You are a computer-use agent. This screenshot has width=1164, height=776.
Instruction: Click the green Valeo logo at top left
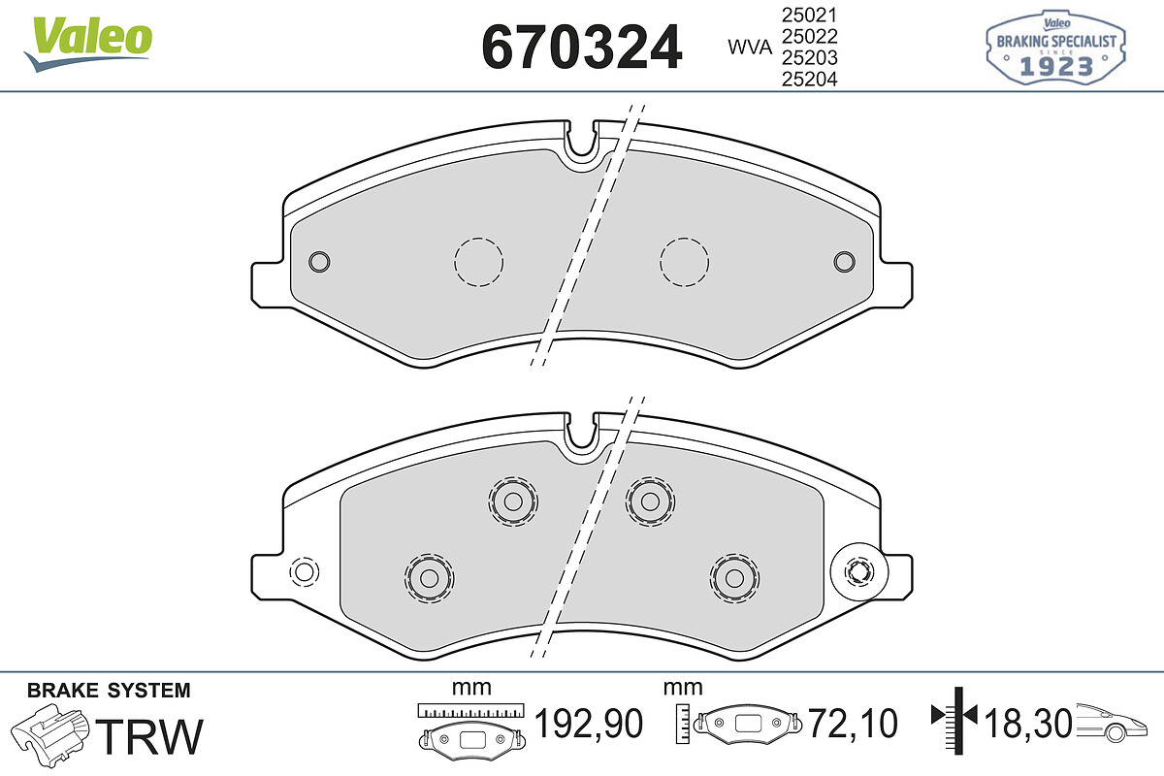click(x=88, y=43)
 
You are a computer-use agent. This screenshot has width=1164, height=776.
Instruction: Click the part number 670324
click(x=581, y=48)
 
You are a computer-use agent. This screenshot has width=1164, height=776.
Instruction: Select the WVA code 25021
click(x=810, y=16)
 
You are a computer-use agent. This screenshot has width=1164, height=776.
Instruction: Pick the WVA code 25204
click(x=810, y=79)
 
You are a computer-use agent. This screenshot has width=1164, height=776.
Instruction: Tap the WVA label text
click(x=750, y=48)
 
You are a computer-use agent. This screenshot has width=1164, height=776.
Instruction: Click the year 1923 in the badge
click(x=1056, y=67)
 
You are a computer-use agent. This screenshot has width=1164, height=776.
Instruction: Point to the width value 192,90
click(x=589, y=723)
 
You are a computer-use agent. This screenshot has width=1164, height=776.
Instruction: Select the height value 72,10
click(x=853, y=723)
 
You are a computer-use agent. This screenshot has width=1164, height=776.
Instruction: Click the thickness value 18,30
click(x=1027, y=723)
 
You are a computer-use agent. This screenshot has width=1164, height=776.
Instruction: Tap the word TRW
click(x=149, y=736)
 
